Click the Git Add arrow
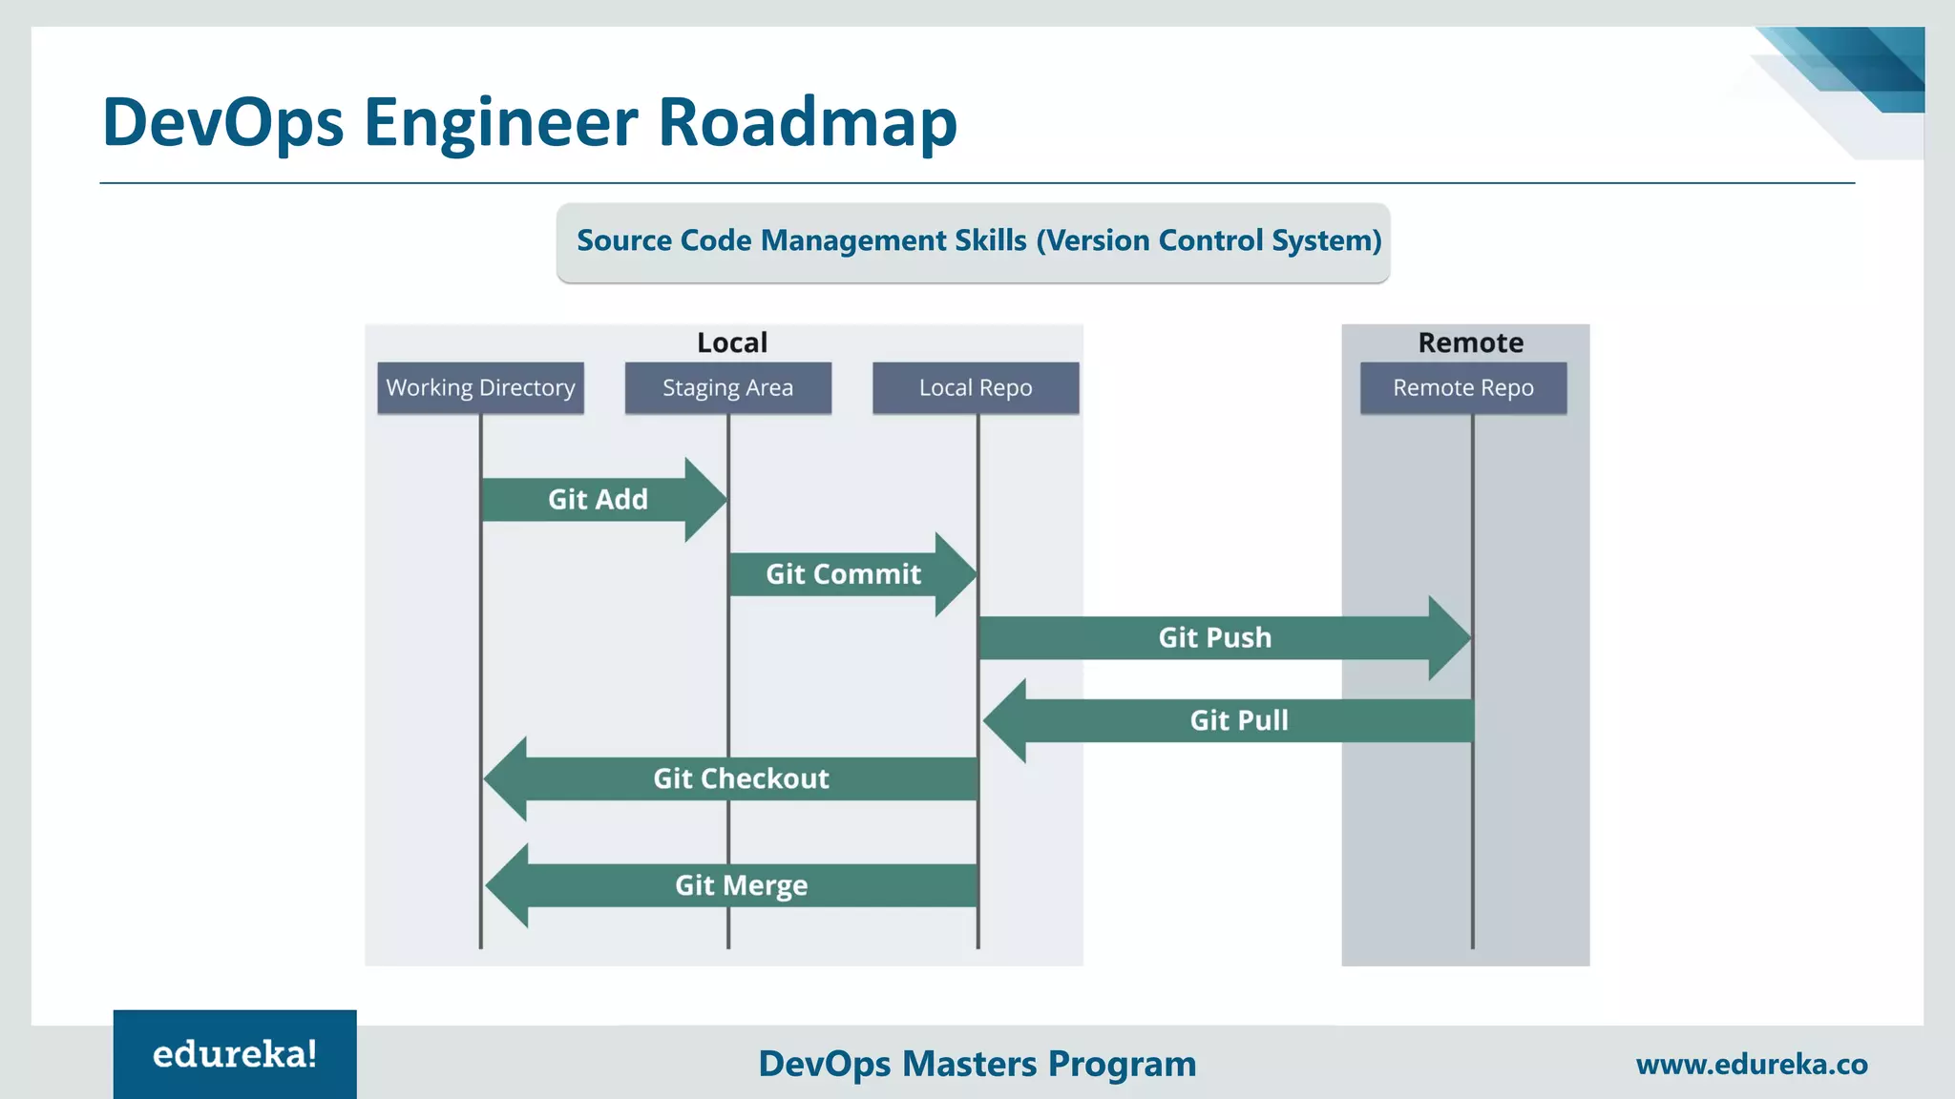[599, 500]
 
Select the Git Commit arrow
[844, 574]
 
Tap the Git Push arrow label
[1214, 637]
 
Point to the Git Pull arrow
[1238, 720]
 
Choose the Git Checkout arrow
[741, 778]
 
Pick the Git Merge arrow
[741, 885]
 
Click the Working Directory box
[480, 387]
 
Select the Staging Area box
[727, 387]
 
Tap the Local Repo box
[976, 387]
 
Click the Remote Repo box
[1462, 387]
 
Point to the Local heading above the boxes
[731, 342]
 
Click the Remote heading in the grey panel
[1470, 342]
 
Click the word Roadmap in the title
[808, 122]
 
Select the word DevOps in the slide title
[222, 122]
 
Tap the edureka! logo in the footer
[235, 1054]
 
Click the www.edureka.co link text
[1751, 1064]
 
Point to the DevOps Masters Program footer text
[977, 1064]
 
